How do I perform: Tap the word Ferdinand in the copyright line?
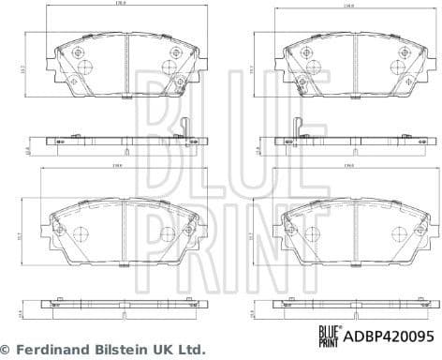coord(56,348)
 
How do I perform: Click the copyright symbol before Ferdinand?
coord(8,348)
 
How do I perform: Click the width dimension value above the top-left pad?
coord(122,29)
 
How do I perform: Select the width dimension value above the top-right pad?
coord(348,29)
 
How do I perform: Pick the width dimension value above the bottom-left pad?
coord(122,167)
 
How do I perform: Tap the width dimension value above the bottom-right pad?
coord(348,167)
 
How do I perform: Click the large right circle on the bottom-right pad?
coord(393,233)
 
